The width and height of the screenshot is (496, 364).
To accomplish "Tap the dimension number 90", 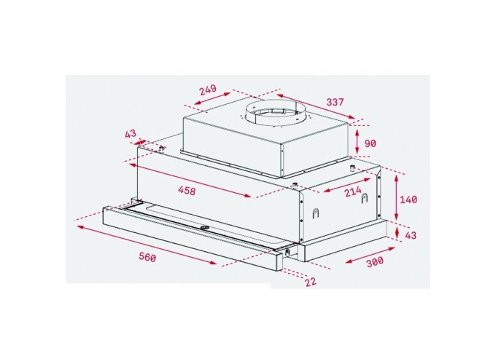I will click(x=370, y=144).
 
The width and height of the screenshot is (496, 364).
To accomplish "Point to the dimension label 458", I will click(x=186, y=191).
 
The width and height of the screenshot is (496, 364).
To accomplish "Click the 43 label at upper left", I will click(x=131, y=134).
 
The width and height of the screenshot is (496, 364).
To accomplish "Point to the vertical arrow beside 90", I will click(x=357, y=141).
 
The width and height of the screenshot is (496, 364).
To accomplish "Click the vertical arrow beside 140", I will click(x=395, y=199).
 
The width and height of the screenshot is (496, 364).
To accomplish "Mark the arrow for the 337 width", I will click(x=317, y=107).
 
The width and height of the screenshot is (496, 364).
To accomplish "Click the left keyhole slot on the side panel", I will click(x=315, y=213).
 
